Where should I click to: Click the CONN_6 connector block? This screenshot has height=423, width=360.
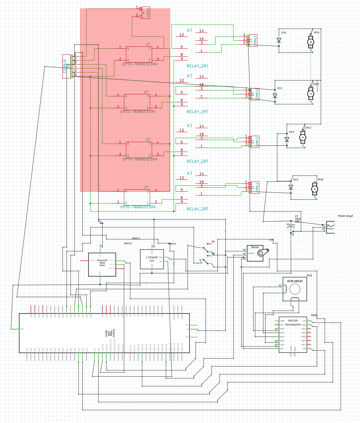pyautogui.click(x=66, y=66)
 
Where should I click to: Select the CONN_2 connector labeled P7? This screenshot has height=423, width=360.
pyautogui.click(x=146, y=13)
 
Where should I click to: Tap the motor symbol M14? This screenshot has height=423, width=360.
pyautogui.click(x=311, y=42)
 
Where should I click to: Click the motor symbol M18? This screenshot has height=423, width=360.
pyautogui.click(x=315, y=188)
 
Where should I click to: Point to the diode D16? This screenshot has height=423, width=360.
pyautogui.click(x=279, y=40)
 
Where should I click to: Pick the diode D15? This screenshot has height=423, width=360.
pyautogui.click(x=291, y=187)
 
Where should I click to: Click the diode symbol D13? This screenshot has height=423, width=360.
pyautogui.click(x=275, y=96)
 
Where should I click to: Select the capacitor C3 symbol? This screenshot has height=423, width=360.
pyautogui.click(x=289, y=226)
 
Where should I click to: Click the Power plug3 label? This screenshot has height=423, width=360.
pyautogui.click(x=345, y=216)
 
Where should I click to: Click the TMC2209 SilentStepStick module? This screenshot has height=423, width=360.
pyautogui.click(x=293, y=335)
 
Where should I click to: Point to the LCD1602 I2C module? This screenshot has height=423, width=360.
pyautogui.click(x=152, y=259)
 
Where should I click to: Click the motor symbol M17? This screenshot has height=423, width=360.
pyautogui.click(x=303, y=137)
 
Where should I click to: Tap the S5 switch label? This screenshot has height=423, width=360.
pyautogui.click(x=213, y=242)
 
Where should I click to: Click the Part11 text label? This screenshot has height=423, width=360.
pyautogui.click(x=136, y=238)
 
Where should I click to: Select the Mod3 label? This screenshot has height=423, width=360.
pyautogui.click(x=314, y=315)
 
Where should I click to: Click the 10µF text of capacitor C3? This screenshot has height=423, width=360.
pyautogui.click(x=297, y=219)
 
